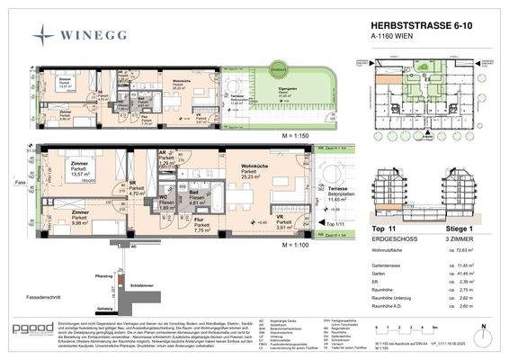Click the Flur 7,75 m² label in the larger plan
click(201, 226)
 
